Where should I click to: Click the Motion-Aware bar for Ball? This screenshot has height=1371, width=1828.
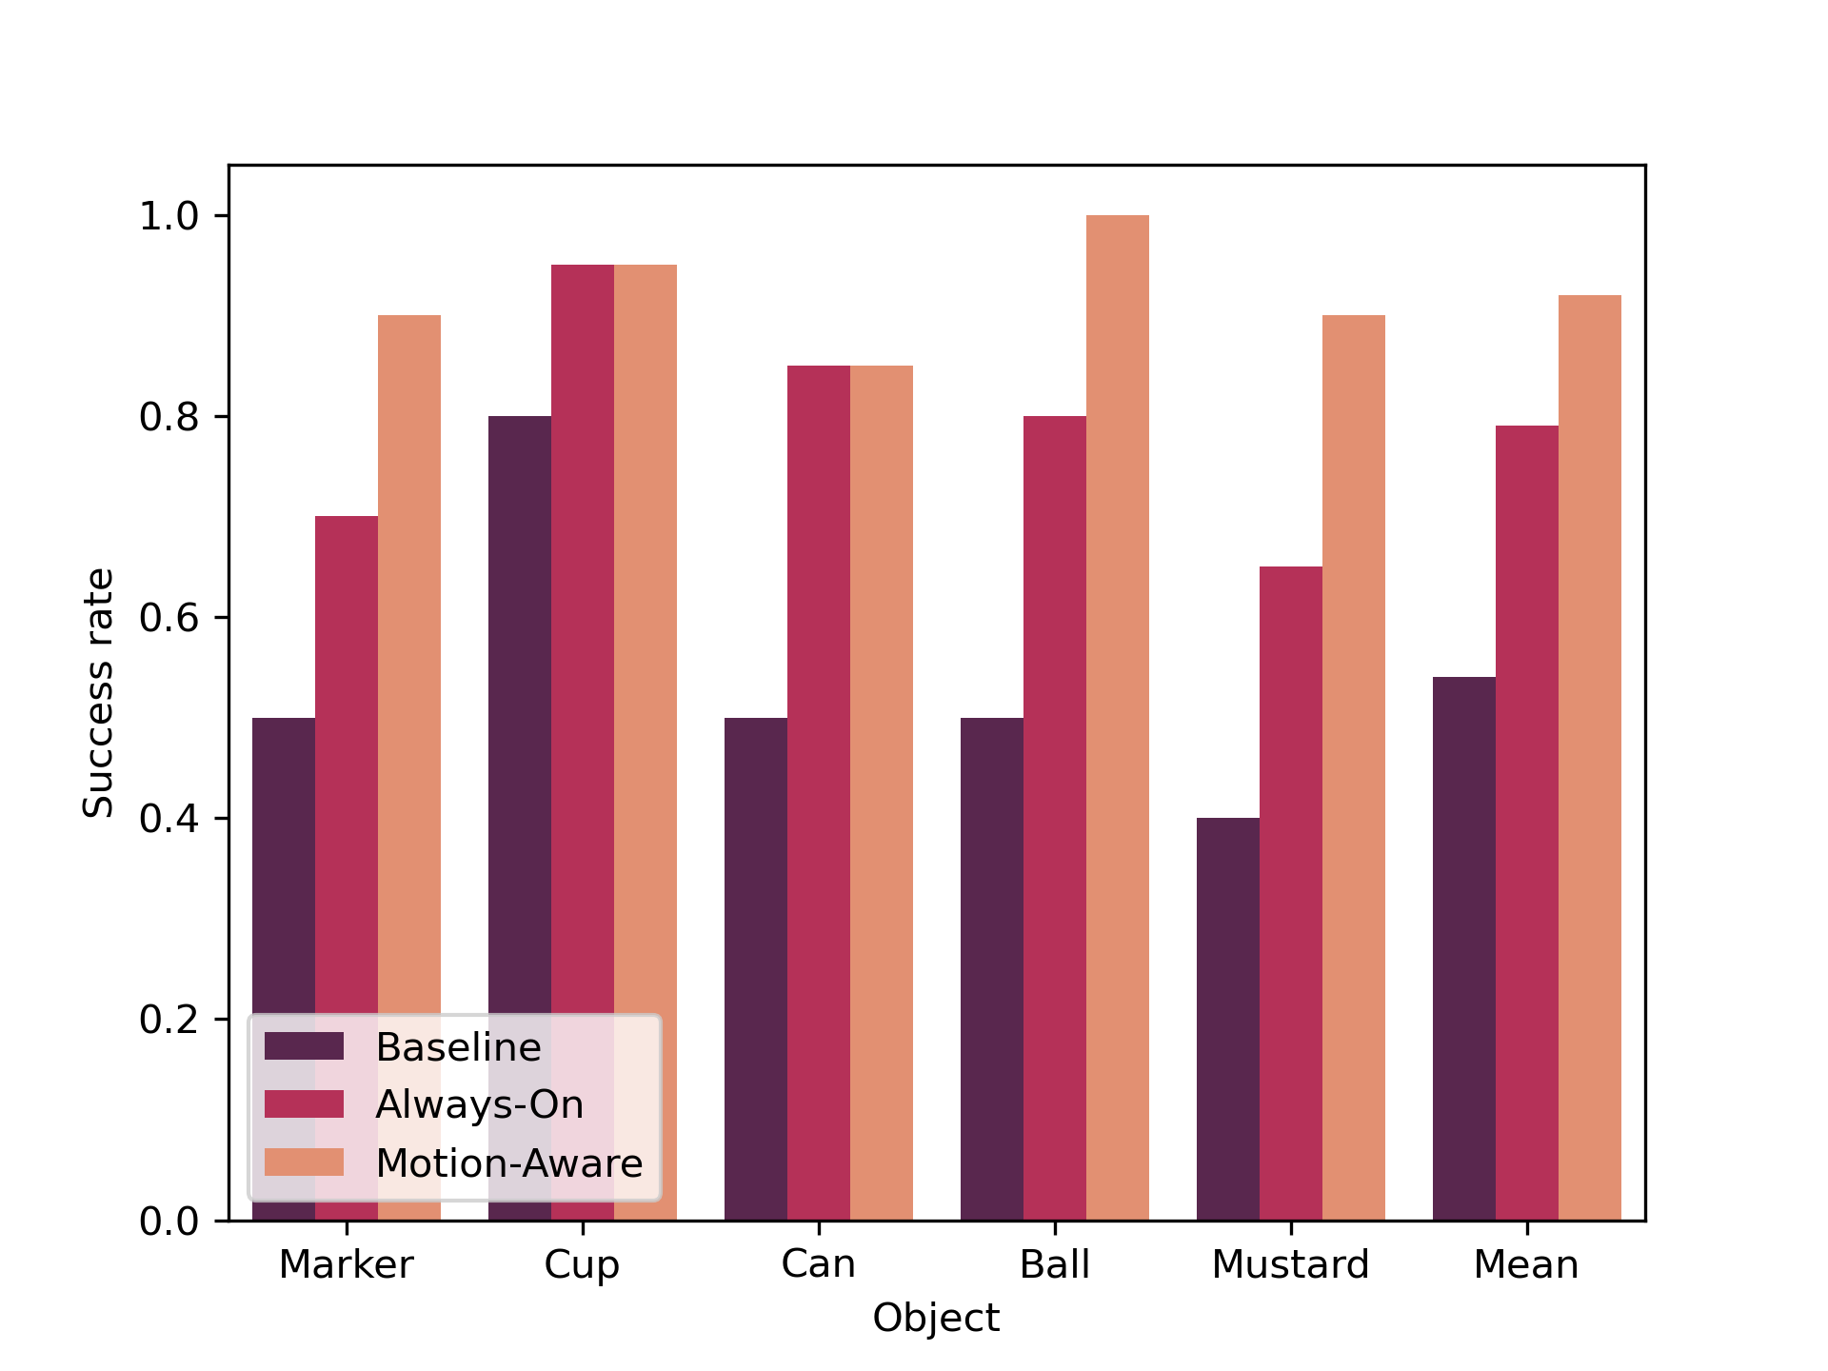pyautogui.click(x=1117, y=718)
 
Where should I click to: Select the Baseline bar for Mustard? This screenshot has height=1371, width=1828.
pyautogui.click(x=1227, y=1019)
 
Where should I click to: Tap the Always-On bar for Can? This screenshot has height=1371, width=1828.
pyautogui.click(x=819, y=792)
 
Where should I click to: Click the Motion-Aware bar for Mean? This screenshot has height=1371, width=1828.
pyautogui.click(x=1589, y=758)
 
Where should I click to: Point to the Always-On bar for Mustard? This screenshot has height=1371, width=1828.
pyautogui.click(x=1290, y=893)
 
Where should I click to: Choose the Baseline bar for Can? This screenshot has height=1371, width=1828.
pyautogui.click(x=756, y=968)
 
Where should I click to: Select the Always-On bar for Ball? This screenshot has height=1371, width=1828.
pyautogui.click(x=1054, y=818)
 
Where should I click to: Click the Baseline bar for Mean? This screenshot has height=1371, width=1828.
pyautogui.click(x=1463, y=948)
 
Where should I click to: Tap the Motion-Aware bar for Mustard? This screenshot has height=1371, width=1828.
pyautogui.click(x=1353, y=767)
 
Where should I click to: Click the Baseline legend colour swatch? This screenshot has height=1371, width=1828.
pyautogui.click(x=304, y=1046)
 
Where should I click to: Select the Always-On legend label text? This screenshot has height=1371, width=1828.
pyautogui.click(x=479, y=1104)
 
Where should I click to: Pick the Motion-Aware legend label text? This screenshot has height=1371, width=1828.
pyautogui.click(x=508, y=1163)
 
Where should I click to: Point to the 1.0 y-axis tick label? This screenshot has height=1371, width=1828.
pyautogui.click(x=169, y=216)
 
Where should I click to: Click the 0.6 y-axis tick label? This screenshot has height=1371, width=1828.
pyautogui.click(x=169, y=618)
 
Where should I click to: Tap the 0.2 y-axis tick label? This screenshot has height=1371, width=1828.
pyautogui.click(x=169, y=1020)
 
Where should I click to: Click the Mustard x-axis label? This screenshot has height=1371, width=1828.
pyautogui.click(x=1290, y=1264)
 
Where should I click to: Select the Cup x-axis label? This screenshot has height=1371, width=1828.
pyautogui.click(x=582, y=1264)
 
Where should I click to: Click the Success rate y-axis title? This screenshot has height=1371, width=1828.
pyautogui.click(x=98, y=692)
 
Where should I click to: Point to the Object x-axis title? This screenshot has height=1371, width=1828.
pyautogui.click(x=936, y=1319)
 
